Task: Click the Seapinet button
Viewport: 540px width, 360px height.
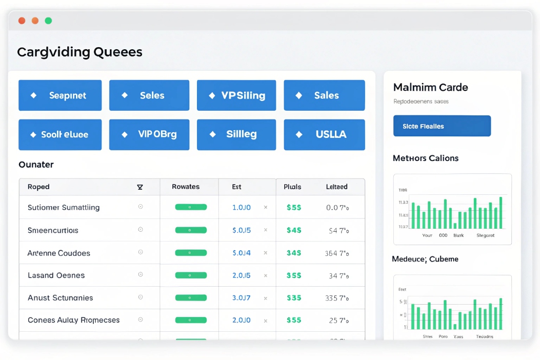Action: (60, 95)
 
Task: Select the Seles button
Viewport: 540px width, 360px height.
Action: (149, 95)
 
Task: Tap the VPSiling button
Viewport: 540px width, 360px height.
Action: (236, 95)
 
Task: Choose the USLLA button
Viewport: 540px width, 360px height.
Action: (324, 134)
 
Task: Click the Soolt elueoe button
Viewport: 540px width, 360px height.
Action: (60, 134)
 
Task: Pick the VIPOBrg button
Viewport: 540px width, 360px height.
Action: (149, 134)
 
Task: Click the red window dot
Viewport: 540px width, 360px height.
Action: (22, 21)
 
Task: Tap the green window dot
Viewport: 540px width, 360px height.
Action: (48, 21)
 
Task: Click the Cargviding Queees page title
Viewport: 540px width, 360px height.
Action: (79, 52)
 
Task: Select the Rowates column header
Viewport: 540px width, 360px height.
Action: (186, 187)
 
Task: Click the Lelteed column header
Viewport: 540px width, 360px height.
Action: (336, 187)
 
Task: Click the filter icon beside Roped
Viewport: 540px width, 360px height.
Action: (140, 187)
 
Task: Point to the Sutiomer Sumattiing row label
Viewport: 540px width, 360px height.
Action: (64, 208)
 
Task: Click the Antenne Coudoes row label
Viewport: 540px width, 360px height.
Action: (58, 253)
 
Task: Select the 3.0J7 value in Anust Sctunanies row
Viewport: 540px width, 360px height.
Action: (242, 297)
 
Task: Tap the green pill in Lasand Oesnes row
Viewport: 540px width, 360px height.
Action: (191, 275)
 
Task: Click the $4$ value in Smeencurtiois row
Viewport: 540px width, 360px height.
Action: (294, 230)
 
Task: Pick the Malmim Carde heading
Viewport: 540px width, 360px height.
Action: (430, 87)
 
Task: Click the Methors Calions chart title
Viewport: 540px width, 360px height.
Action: (425, 158)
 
